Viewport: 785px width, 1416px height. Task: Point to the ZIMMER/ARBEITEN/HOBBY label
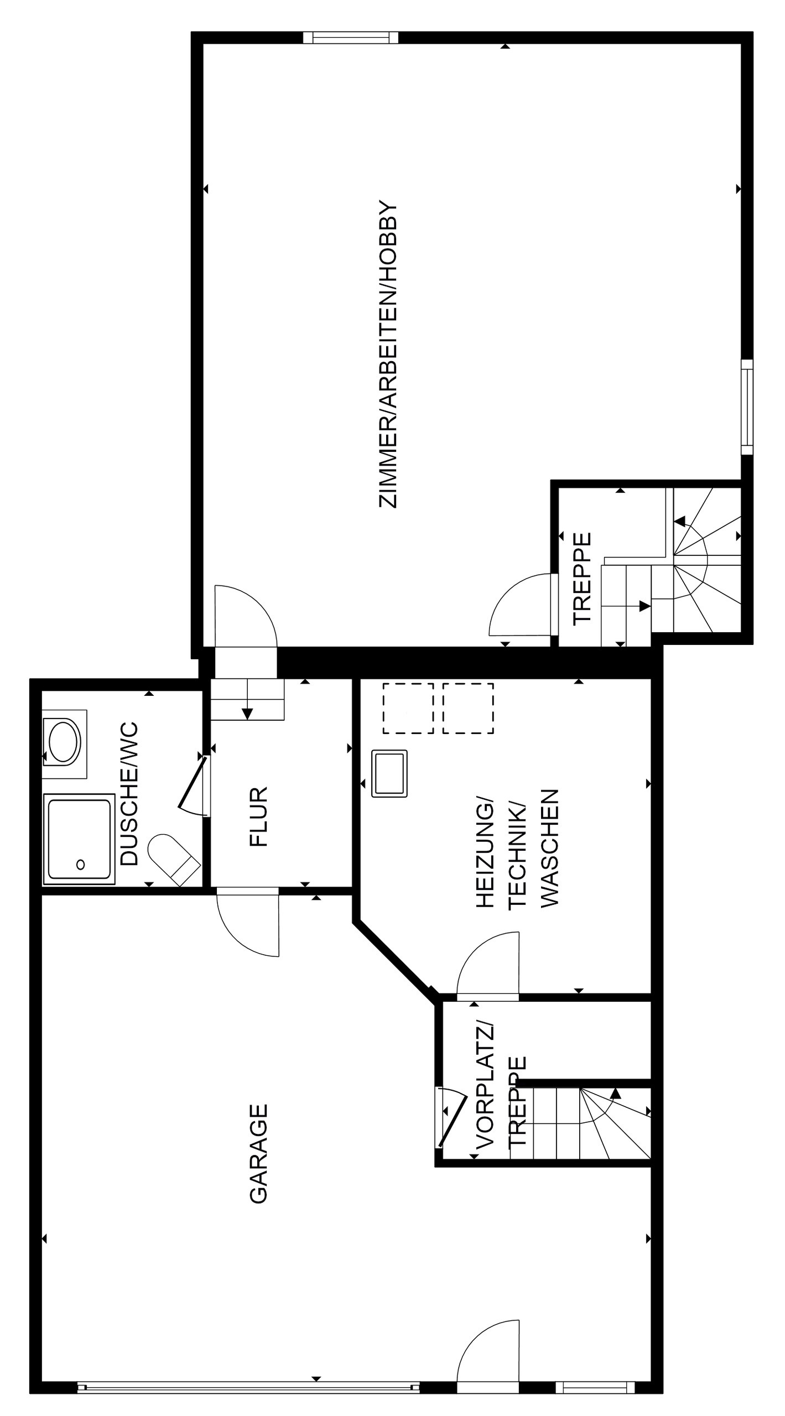point(387,354)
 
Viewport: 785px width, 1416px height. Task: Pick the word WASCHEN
point(549,848)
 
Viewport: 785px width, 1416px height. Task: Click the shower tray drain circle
point(81,864)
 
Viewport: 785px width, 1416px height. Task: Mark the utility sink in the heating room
point(389,773)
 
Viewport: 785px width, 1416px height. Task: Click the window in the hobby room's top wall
point(351,38)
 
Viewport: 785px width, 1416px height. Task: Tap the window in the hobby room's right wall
point(747,407)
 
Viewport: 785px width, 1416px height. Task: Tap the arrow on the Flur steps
point(247,713)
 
